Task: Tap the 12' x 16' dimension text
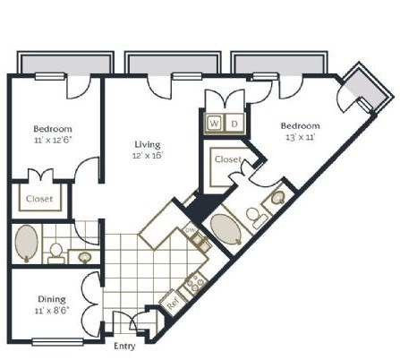[x=147, y=155]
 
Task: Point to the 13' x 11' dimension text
[x=300, y=138]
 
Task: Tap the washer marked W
[x=215, y=122]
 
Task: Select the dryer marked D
[x=234, y=122]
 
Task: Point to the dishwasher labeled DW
[x=189, y=231]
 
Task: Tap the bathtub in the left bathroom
[x=27, y=243]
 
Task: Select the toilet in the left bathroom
[x=55, y=252]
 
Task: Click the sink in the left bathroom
[x=85, y=257]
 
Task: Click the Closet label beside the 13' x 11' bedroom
[x=228, y=159]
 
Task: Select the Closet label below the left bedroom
[x=38, y=199]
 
